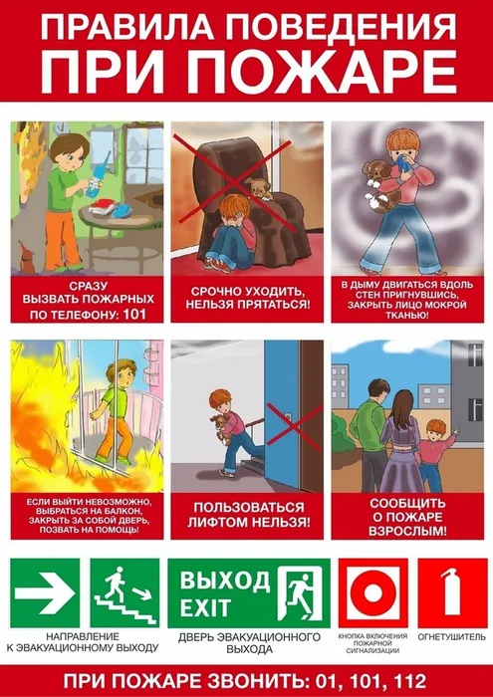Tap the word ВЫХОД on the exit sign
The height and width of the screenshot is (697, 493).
click(x=210, y=581)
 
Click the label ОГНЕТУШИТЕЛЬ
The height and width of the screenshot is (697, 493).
click(x=451, y=635)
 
